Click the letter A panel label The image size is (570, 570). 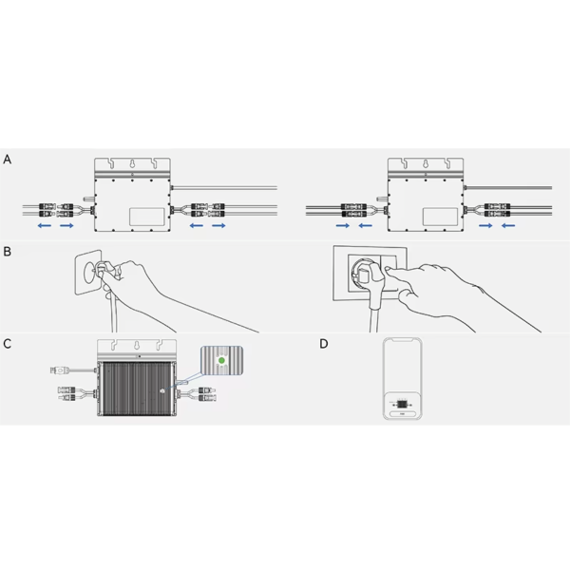point(8,160)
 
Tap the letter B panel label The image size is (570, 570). point(7,252)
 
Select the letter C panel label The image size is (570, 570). point(8,344)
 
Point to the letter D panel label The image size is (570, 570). point(324,344)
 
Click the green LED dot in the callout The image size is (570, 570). point(221,361)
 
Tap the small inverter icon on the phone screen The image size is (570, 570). point(402,404)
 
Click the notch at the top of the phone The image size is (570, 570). point(403,340)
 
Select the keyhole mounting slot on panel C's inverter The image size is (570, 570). point(137,345)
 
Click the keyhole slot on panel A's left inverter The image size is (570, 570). point(132,164)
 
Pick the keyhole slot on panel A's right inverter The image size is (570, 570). point(426,164)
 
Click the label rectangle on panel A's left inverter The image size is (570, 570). point(147,216)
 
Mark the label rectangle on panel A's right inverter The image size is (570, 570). point(440,216)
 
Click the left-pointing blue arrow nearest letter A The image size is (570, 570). point(45,226)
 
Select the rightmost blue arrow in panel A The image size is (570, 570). point(508,226)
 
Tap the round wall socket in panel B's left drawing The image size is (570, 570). point(91,272)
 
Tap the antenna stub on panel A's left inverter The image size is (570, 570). point(88,199)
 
